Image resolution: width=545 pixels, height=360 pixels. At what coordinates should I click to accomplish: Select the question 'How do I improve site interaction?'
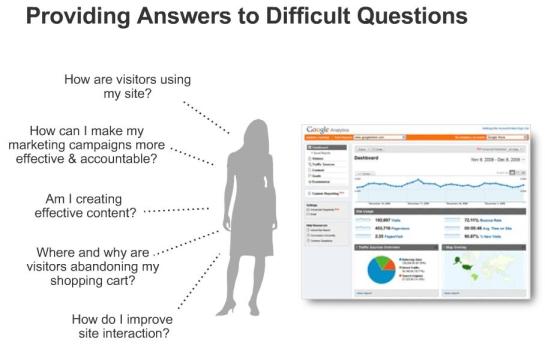coord(121,327)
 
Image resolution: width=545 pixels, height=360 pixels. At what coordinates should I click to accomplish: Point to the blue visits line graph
coord(440,184)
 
